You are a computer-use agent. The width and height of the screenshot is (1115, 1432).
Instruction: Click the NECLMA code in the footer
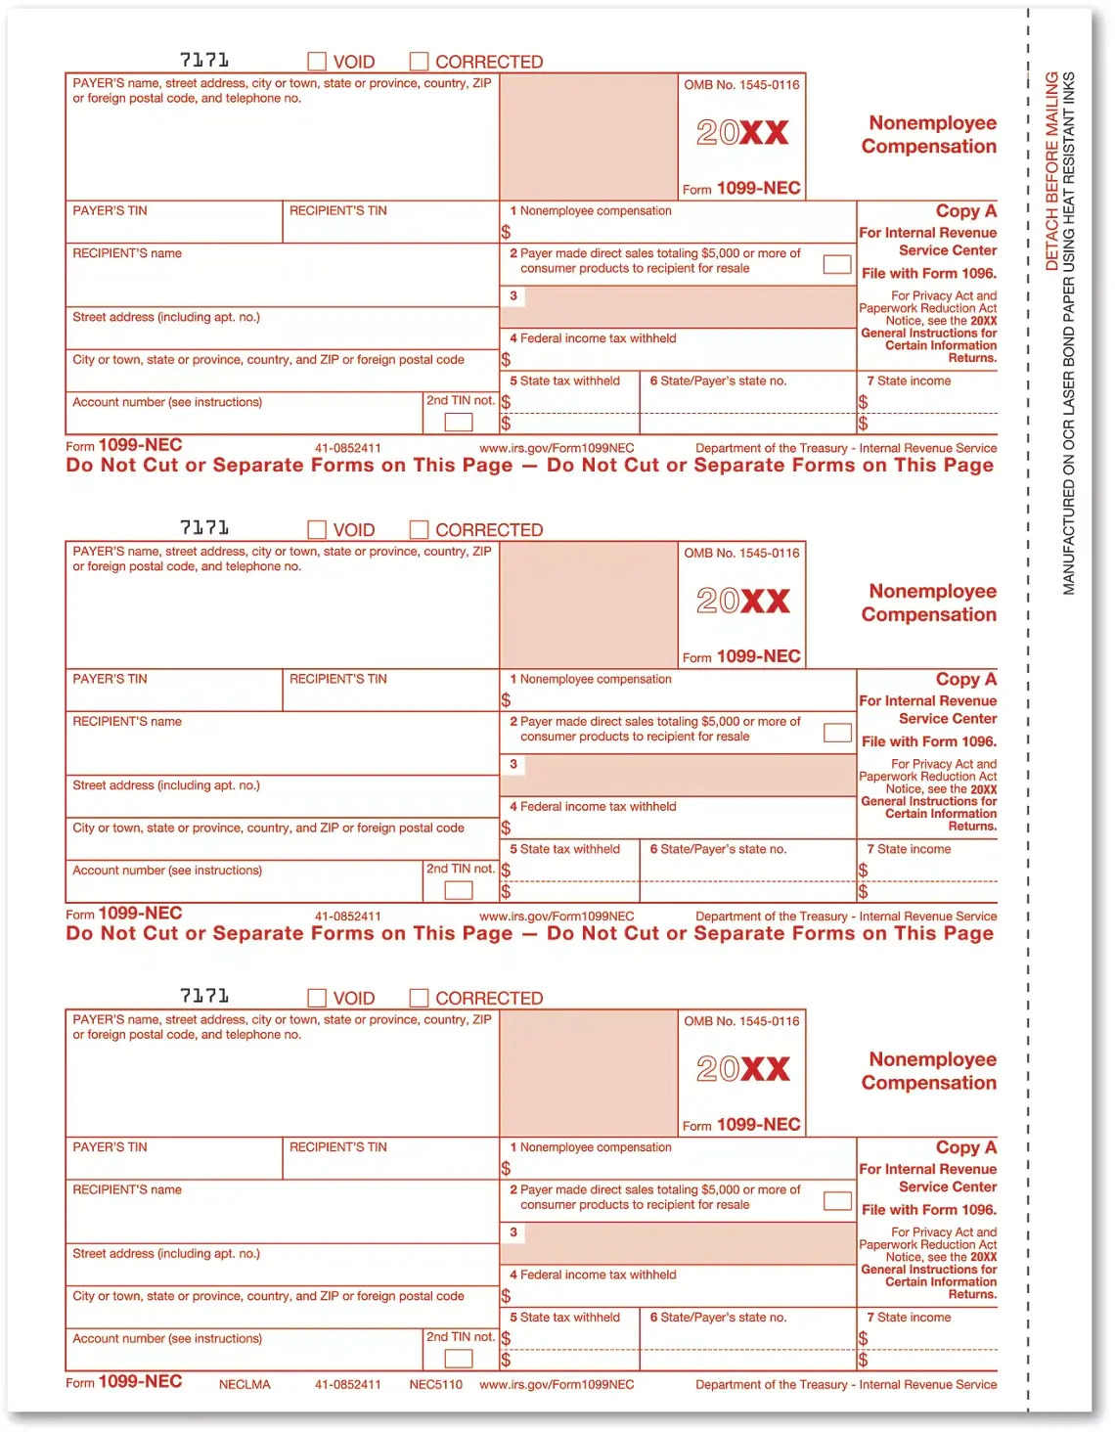tap(245, 1384)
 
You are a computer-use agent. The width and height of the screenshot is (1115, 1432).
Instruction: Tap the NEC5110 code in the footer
tap(435, 1384)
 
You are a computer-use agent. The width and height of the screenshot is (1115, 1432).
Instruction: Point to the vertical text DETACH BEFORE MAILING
tap(1052, 171)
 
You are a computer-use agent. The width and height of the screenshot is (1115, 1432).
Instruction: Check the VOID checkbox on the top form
tap(317, 62)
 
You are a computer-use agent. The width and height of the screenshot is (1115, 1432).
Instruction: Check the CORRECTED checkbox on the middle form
tap(419, 529)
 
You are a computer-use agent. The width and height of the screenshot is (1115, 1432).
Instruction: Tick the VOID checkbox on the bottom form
tap(317, 998)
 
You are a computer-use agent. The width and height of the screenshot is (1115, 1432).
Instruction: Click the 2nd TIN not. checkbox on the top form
tap(459, 422)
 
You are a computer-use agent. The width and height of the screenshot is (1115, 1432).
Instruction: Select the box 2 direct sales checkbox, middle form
tap(837, 732)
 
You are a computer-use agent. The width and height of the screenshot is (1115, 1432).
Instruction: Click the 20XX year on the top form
tap(742, 132)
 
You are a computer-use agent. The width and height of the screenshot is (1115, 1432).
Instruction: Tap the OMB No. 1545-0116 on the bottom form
tap(741, 1021)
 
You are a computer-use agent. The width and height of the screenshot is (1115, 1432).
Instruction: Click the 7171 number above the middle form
tap(204, 528)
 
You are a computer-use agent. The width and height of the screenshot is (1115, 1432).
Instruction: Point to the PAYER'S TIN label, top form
tap(110, 210)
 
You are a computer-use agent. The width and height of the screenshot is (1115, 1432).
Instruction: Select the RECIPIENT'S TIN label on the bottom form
tap(338, 1147)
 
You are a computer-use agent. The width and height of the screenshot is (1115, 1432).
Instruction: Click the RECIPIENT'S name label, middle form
tap(127, 722)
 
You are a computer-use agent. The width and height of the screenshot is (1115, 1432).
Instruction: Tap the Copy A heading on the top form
tap(965, 211)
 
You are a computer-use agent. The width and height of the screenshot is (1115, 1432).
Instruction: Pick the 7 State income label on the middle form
tap(909, 849)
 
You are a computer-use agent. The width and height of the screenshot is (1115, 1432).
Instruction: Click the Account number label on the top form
tap(167, 402)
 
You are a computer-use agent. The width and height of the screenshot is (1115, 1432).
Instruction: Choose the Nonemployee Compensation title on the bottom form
tap(928, 1071)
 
